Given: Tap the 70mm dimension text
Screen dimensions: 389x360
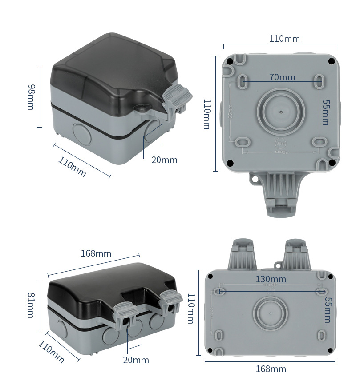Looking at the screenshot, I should [x=282, y=77].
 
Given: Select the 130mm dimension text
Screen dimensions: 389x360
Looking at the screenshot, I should [x=271, y=279].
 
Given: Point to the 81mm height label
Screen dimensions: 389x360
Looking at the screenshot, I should [x=31, y=305].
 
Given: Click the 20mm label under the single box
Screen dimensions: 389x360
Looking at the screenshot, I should [x=164, y=160].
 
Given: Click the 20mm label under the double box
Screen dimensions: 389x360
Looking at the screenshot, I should [x=136, y=360].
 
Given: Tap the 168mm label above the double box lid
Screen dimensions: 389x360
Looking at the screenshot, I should [x=96, y=253].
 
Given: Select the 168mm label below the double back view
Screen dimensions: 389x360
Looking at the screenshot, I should [x=271, y=369].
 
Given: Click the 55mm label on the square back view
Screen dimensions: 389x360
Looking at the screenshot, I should [x=326, y=112].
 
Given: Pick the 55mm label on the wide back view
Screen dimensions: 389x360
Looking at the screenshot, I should [x=328, y=309].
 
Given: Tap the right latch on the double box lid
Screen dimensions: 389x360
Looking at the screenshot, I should [x=171, y=300].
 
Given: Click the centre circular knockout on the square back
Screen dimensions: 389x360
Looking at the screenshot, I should [x=281, y=112].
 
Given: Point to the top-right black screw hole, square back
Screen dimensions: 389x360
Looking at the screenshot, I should [x=331, y=61].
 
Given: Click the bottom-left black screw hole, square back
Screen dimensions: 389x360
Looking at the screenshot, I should [x=230, y=163].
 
